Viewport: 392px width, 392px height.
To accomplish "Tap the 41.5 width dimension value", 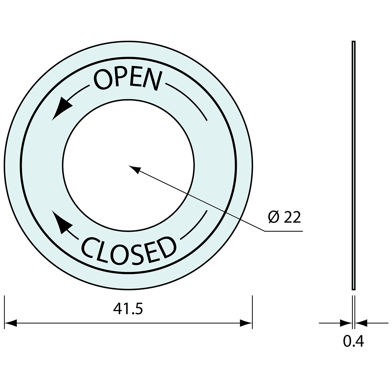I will [x=128, y=308].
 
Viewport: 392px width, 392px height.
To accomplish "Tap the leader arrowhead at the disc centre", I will [x=134, y=169].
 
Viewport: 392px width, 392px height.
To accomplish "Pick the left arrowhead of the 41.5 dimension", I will [x=10, y=323].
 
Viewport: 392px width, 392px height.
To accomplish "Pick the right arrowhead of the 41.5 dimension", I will [x=246, y=323].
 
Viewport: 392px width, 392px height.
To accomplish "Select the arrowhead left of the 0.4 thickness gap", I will [x=346, y=323].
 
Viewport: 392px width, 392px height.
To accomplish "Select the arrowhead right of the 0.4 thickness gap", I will [x=361, y=323].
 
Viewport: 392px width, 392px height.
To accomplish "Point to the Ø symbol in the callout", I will [x=273, y=217].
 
